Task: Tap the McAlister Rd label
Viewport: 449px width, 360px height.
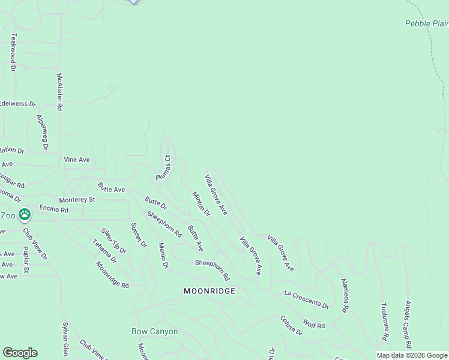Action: [59, 92]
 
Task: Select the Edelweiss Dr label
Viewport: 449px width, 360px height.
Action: [17, 104]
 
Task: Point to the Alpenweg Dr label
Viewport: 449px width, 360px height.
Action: [41, 132]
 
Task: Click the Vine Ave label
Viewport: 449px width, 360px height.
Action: [77, 160]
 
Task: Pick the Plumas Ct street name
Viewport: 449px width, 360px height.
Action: [163, 169]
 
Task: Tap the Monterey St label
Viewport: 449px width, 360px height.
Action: [77, 199]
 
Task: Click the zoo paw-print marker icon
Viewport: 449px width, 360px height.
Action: [25, 214]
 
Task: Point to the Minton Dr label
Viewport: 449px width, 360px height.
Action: [201, 204]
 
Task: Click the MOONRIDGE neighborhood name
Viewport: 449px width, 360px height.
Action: [209, 291]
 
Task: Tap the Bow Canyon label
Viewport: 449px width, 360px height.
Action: [155, 331]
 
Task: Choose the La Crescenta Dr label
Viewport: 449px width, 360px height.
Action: [306, 299]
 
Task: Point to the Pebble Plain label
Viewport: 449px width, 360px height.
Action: [426, 24]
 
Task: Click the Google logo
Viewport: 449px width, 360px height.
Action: [20, 353]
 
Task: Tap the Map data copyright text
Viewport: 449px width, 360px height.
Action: [412, 355]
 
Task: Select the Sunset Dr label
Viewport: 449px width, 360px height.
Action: [138, 235]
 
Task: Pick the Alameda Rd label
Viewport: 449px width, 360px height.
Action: [345, 296]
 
